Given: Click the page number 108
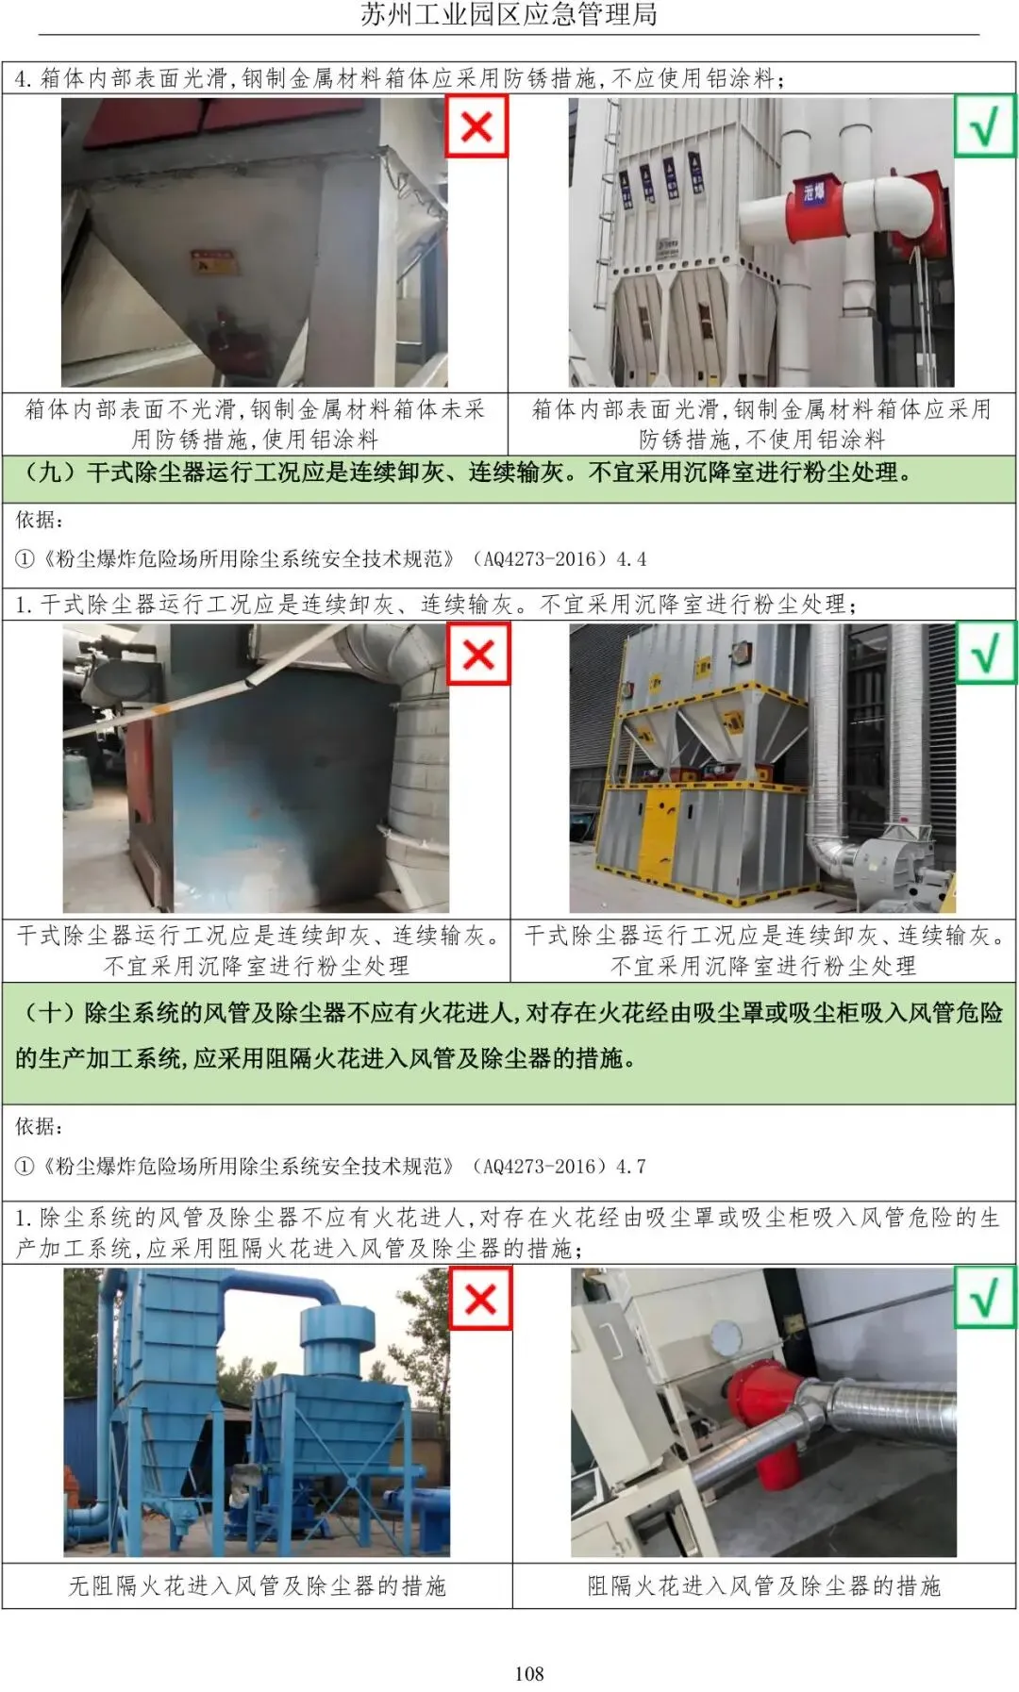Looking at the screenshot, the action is tap(529, 1672).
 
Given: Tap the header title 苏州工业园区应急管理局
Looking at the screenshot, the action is tap(509, 15).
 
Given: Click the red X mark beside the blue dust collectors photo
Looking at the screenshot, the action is tap(480, 1299).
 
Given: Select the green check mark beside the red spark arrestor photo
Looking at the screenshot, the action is tap(985, 1298).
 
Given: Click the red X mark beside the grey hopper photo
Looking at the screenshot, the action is tap(476, 126).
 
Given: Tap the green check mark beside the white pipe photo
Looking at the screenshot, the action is tap(984, 125).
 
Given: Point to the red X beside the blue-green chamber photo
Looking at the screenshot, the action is tap(478, 654).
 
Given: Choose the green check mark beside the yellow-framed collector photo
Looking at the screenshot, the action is tap(986, 653).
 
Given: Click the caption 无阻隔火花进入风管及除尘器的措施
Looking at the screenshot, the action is tap(257, 1585).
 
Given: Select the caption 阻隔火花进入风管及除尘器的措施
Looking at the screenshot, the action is tap(764, 1585).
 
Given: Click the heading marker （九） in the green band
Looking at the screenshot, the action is tap(49, 472).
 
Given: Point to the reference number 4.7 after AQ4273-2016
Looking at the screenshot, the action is tap(631, 1166).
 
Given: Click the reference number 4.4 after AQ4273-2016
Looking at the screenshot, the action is tap(631, 558).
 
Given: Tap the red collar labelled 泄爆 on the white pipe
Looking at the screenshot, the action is tap(813, 205).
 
